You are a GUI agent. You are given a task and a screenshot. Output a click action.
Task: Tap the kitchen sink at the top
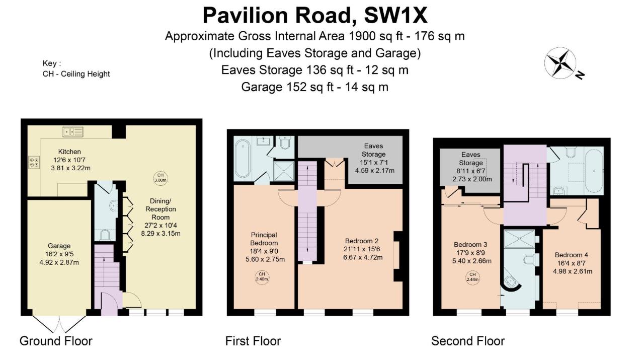(73, 132)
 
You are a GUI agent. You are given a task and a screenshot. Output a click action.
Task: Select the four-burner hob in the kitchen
(34, 162)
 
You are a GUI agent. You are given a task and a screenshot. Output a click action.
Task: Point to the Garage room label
(60, 246)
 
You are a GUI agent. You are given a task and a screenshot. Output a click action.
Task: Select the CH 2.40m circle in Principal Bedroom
(262, 276)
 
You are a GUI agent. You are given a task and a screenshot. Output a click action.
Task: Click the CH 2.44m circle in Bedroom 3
(472, 276)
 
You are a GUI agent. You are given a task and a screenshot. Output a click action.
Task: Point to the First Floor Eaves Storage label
(373, 150)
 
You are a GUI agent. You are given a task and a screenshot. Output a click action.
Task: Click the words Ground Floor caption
(56, 341)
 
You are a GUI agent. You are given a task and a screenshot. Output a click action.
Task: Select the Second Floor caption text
(468, 341)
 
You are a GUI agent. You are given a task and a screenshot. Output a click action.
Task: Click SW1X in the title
(395, 16)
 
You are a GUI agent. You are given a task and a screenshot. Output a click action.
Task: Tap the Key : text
(52, 63)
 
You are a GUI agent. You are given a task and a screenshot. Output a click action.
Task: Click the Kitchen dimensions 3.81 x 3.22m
(69, 168)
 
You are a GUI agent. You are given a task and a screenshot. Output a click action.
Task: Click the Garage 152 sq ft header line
(314, 87)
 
